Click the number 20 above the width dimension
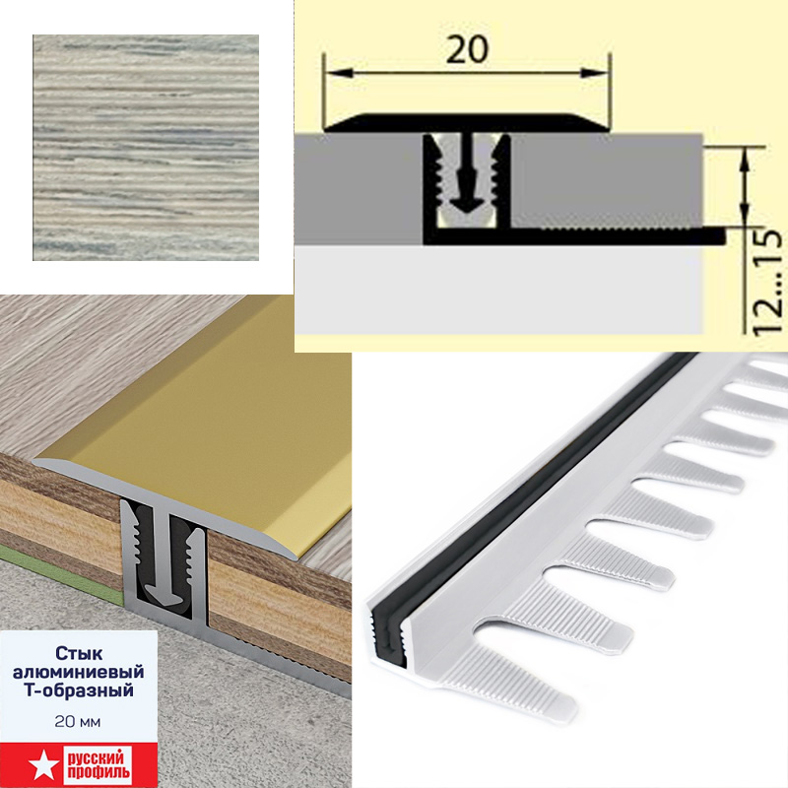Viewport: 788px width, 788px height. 467,49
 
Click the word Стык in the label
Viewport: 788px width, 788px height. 79,653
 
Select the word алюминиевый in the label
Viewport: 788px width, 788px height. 79,672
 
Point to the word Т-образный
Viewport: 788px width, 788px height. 79,690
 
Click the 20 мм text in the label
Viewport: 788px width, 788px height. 78,722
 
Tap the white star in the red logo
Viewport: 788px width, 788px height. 39,765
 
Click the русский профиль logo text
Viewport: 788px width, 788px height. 98,765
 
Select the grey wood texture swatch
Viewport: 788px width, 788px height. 146,147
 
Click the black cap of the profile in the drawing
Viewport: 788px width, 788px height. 467,123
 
